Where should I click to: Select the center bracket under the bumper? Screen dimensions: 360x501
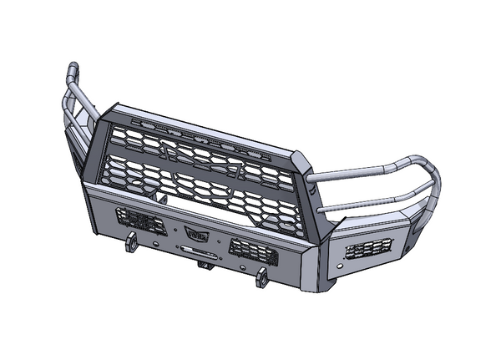coord(203,265)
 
